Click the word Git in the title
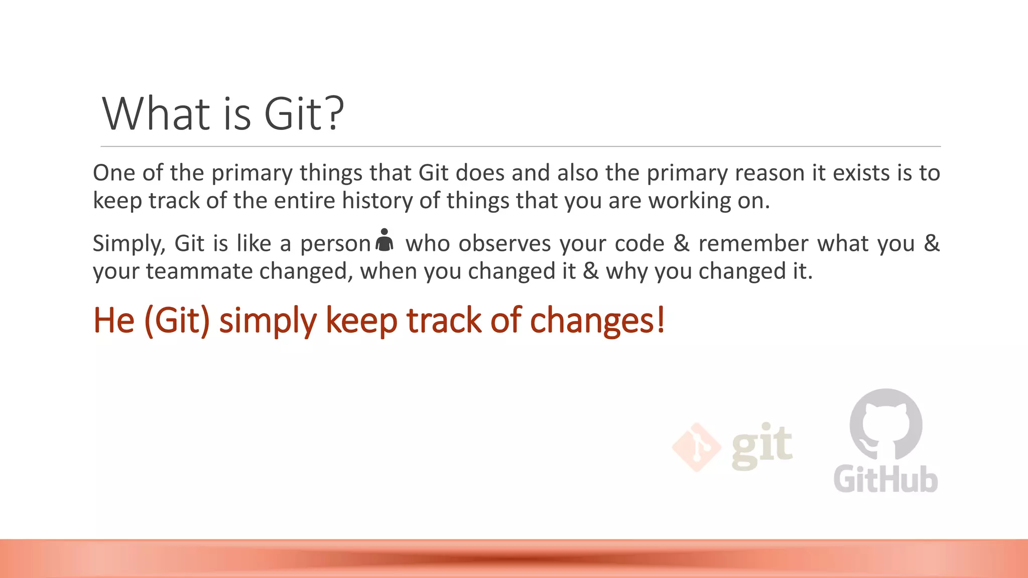[292, 114]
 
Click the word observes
[504, 244]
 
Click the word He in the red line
[114, 321]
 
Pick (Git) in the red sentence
[177, 321]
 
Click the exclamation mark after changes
[661, 320]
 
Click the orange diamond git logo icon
[696, 447]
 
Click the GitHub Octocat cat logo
[886, 424]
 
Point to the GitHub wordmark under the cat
[886, 479]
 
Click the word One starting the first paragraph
[114, 173]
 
